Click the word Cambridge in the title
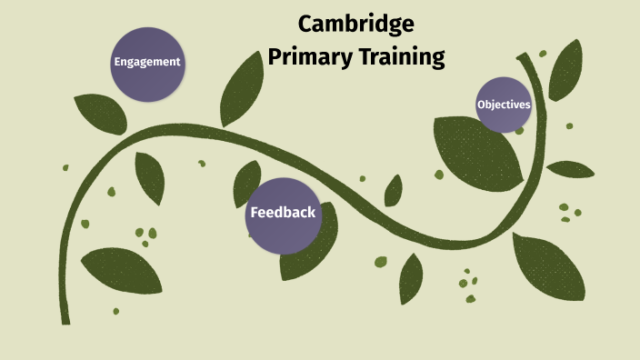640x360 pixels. [x=355, y=24]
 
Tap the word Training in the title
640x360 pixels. [x=399, y=57]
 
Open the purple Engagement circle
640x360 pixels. [x=146, y=63]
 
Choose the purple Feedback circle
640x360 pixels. [x=284, y=215]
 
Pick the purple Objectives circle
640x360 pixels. [x=504, y=105]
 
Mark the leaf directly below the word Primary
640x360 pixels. [x=242, y=90]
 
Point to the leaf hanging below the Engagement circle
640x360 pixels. [x=149, y=177]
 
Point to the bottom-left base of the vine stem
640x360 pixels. [x=65, y=320]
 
